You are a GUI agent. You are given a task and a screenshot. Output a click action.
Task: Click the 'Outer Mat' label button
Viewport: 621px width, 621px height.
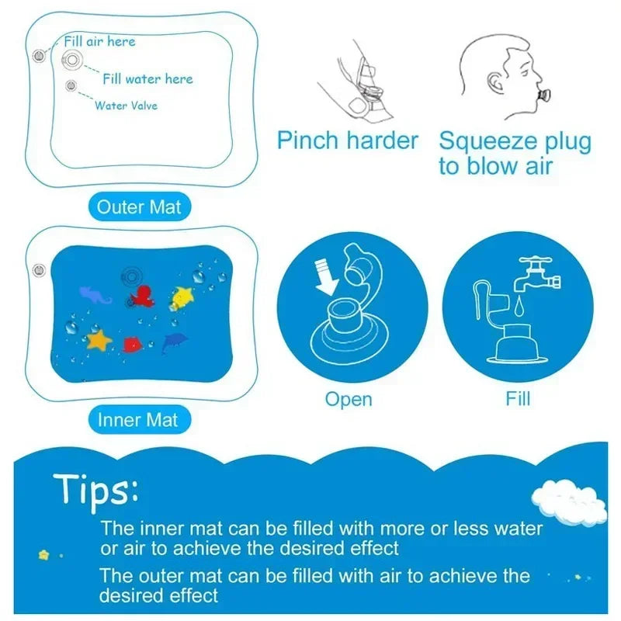click(x=138, y=207)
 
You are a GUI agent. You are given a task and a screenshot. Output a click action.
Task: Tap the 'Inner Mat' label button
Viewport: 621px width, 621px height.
click(x=138, y=420)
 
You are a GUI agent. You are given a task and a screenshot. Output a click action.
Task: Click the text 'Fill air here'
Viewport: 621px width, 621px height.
click(x=99, y=41)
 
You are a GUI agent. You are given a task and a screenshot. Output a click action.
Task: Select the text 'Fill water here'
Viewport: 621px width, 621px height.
click(x=147, y=78)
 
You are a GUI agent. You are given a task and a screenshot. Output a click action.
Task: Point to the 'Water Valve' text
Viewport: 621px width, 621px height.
click(x=126, y=105)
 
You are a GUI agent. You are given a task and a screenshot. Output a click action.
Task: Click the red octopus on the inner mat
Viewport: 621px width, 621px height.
click(x=142, y=297)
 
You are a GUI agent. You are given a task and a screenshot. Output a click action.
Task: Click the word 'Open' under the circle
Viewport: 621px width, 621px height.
click(x=349, y=399)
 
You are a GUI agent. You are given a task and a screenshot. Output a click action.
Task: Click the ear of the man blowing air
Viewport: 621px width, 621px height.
click(x=494, y=82)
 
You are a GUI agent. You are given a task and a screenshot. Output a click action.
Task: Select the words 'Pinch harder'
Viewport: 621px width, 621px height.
click(x=348, y=141)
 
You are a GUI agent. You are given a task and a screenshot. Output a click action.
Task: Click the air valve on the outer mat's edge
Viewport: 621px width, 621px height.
click(x=36, y=57)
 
